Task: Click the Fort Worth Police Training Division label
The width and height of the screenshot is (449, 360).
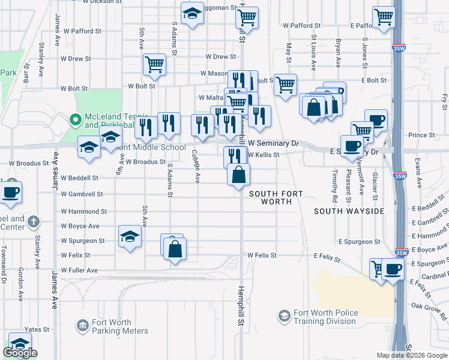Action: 325,317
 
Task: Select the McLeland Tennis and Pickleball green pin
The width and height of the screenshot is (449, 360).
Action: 76,120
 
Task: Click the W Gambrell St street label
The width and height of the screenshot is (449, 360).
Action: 82,194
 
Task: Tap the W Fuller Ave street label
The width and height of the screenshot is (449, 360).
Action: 79,271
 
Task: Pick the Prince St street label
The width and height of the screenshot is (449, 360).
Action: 421,136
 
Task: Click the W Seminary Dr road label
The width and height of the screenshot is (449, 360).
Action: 274,143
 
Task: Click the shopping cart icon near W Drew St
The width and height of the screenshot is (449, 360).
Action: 154,64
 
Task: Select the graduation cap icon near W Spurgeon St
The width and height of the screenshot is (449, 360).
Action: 130,236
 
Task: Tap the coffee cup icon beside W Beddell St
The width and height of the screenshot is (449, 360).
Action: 10,192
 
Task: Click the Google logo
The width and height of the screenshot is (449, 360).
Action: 20,353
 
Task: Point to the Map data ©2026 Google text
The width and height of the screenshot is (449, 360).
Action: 411,355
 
